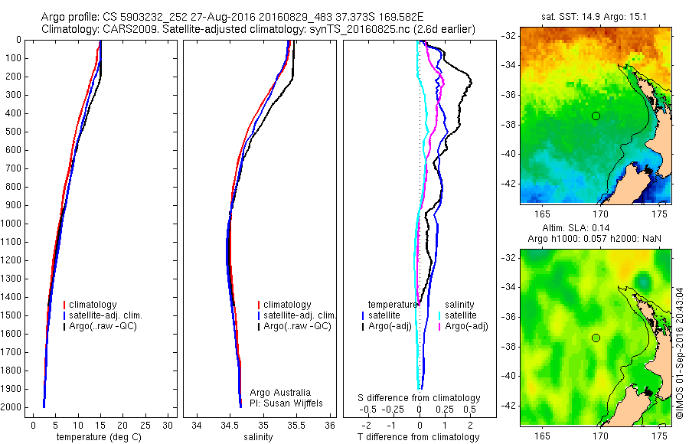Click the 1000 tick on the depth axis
pyautogui.click(x=12, y=224)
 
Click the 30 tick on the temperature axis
pyautogui.click(x=168, y=426)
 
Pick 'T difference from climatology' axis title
pyautogui.click(x=418, y=437)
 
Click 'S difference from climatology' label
pyautogui.click(x=420, y=398)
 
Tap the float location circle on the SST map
pyautogui.click(x=596, y=116)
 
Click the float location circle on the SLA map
pyautogui.click(x=596, y=338)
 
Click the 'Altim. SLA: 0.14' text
pyautogui.click(x=596, y=229)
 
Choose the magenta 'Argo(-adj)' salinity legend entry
pyautogui.click(x=466, y=326)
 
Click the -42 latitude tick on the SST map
pyautogui.click(x=510, y=183)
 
